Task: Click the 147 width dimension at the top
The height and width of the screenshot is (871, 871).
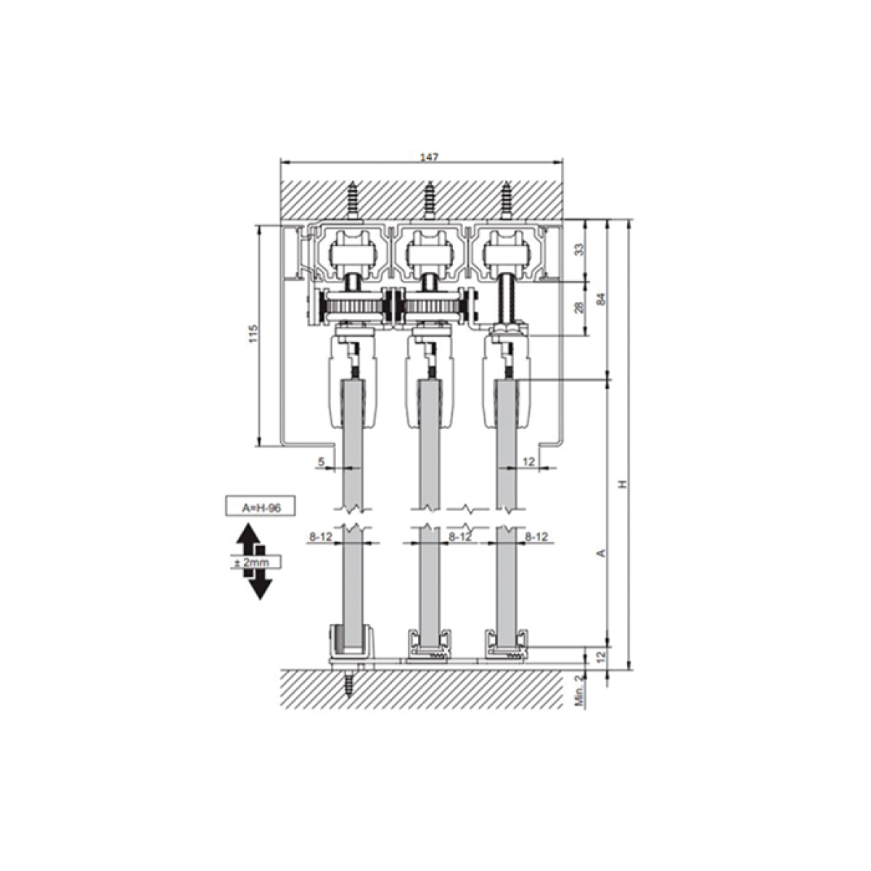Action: tap(430, 158)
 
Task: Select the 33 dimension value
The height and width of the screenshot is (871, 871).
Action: tap(581, 250)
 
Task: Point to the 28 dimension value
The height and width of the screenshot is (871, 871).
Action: tap(581, 307)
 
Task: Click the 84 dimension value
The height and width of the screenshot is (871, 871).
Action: tap(601, 299)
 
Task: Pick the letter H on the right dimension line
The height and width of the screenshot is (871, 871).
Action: tap(623, 484)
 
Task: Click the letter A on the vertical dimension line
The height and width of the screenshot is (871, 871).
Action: tap(601, 553)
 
